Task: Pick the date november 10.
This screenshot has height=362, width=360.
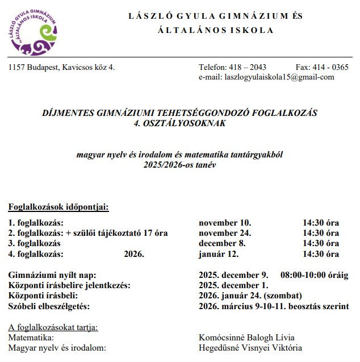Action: tap(225, 223)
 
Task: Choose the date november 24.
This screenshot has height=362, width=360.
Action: tap(225, 234)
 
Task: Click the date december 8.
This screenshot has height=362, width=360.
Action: tap(223, 244)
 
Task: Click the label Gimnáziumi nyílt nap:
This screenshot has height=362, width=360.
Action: tap(52, 275)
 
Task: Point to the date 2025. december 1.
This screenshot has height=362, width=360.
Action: tap(233, 285)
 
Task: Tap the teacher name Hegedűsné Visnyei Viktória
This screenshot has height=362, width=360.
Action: tap(250, 348)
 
